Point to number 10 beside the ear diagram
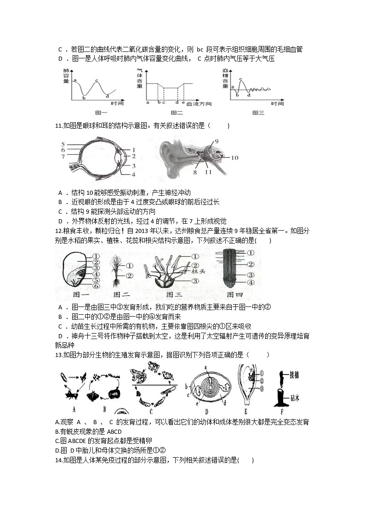click(x=234, y=158)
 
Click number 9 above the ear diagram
click(x=216, y=141)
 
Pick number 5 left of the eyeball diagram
click(x=63, y=144)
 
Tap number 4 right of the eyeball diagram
click(x=133, y=175)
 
